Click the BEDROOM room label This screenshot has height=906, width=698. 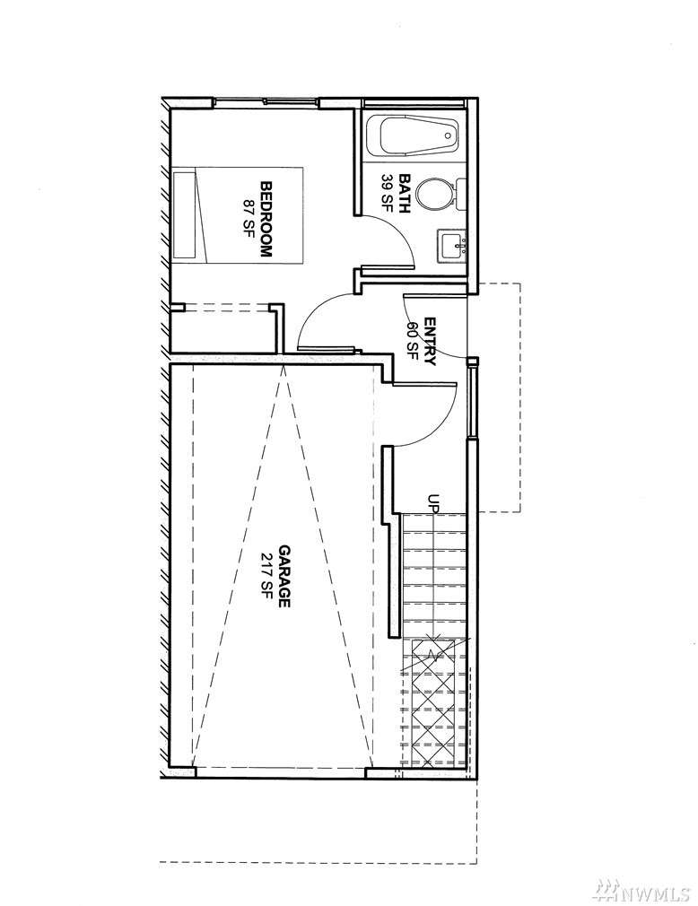(x=266, y=220)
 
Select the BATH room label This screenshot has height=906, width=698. (x=404, y=194)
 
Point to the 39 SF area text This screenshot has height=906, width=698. (x=388, y=194)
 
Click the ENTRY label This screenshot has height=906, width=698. (x=430, y=341)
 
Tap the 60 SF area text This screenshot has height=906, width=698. (x=413, y=341)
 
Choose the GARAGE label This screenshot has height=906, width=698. (x=284, y=576)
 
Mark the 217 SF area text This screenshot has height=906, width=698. (x=267, y=576)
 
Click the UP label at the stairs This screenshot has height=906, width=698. (x=433, y=502)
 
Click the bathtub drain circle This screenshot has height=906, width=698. (x=448, y=135)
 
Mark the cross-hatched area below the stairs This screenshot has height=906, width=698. (x=433, y=702)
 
